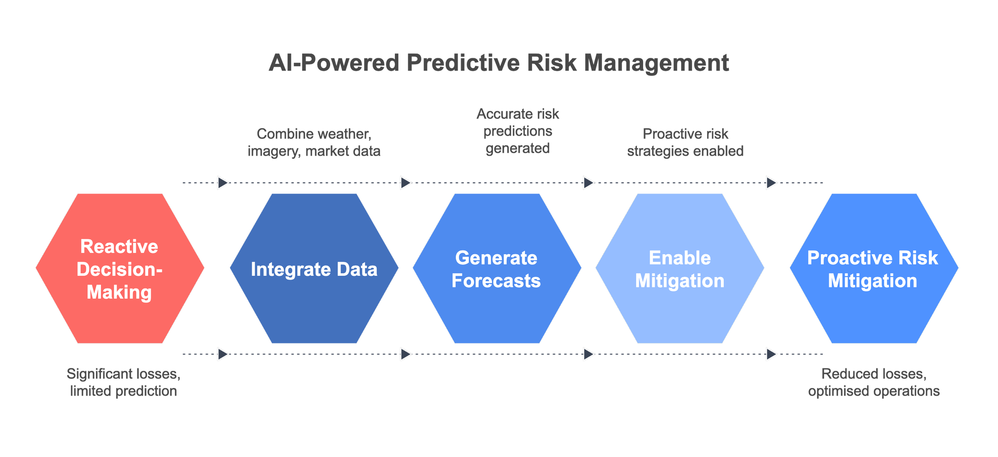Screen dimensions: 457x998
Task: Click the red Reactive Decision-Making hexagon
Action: (x=119, y=269)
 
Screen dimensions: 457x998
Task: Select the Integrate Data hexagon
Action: (x=314, y=269)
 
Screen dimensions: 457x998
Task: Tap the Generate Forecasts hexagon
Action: (x=497, y=269)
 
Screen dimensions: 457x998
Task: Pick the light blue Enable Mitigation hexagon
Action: (x=680, y=269)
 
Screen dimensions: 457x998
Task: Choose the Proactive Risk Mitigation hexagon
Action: (x=873, y=269)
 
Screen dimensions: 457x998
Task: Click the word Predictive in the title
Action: (x=463, y=63)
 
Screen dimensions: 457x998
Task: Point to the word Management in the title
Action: (x=657, y=63)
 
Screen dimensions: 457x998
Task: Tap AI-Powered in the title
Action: (x=333, y=63)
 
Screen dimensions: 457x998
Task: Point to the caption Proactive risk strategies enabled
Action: (x=685, y=142)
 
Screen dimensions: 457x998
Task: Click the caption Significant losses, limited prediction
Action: (x=124, y=382)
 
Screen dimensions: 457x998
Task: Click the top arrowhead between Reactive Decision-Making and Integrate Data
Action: (x=223, y=183)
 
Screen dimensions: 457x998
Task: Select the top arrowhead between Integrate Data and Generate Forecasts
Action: (x=406, y=183)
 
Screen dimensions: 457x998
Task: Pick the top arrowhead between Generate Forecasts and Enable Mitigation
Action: (x=588, y=183)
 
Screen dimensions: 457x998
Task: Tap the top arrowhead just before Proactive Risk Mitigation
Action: (x=771, y=183)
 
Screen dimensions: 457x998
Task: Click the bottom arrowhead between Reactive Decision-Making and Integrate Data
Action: (x=223, y=354)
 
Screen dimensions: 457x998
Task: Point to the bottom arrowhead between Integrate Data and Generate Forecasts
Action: (x=406, y=354)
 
